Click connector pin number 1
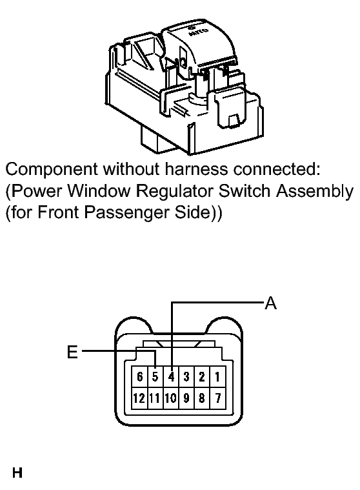pyautogui.click(x=217, y=377)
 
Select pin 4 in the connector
pyautogui.click(x=171, y=377)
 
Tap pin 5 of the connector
pyautogui.click(x=155, y=377)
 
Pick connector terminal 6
pyautogui.click(x=140, y=377)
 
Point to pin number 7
pyautogui.click(x=217, y=398)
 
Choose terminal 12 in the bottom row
pyautogui.click(x=139, y=398)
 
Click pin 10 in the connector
pyautogui.click(x=171, y=398)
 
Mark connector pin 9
pyautogui.click(x=186, y=398)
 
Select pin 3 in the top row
pyautogui.click(x=186, y=377)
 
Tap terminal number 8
pyautogui.click(x=202, y=398)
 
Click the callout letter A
pyautogui.click(x=270, y=303)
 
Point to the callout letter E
pyautogui.click(x=72, y=352)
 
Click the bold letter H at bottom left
pyautogui.click(x=17, y=473)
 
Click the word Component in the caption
pyautogui.click(x=52, y=169)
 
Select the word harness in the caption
pyautogui.click(x=196, y=169)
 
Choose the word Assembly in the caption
pyautogui.click(x=315, y=192)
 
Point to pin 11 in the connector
pyautogui.click(x=155, y=398)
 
